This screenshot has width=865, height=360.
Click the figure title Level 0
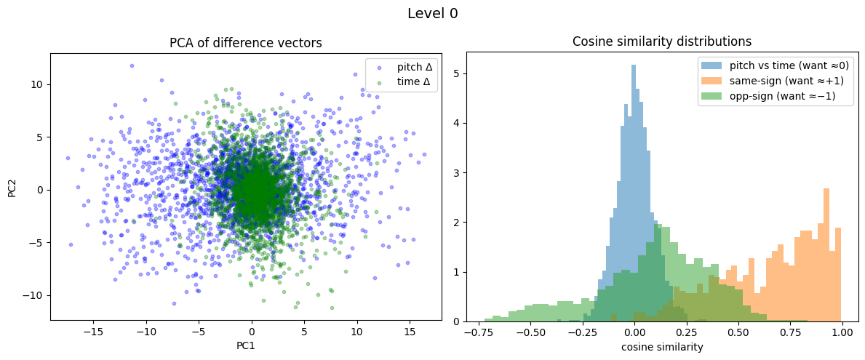(432, 13)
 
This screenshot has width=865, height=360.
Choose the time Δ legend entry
(417, 81)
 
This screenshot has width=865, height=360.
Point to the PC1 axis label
(246, 346)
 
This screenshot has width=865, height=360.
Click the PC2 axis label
(13, 190)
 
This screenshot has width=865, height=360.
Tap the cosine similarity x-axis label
(662, 347)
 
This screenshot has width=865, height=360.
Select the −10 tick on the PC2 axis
(35, 295)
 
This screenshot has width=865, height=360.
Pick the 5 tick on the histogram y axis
(455, 73)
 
